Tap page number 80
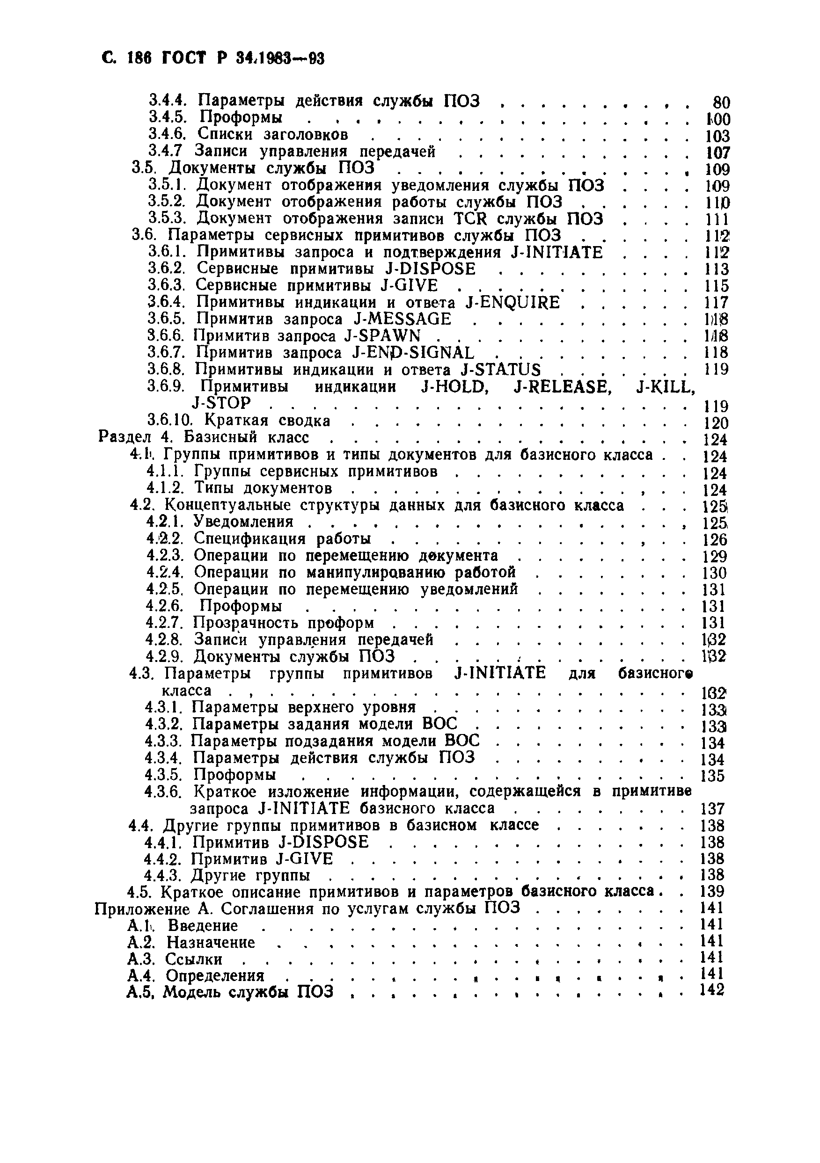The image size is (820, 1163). [x=721, y=103]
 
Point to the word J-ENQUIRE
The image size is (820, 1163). [x=512, y=302]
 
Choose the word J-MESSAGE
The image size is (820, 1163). [x=402, y=319]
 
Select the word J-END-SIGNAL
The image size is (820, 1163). [x=412, y=353]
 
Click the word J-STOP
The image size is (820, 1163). [x=221, y=403]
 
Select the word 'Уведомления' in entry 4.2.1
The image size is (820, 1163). [x=243, y=522]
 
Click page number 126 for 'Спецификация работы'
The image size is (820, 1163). [x=715, y=540]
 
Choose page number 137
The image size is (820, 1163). [x=712, y=809]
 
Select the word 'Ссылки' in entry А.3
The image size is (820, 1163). [x=194, y=959]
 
